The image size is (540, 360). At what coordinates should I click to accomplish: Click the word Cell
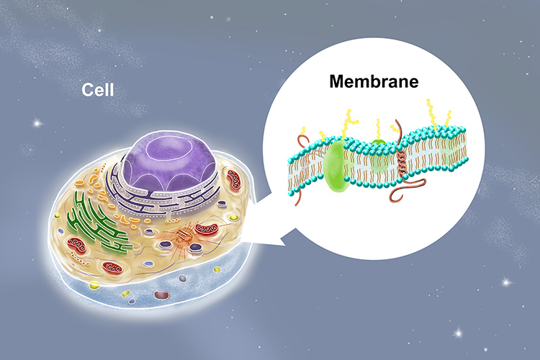coord(97,91)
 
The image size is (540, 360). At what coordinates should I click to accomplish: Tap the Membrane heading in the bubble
coord(374,81)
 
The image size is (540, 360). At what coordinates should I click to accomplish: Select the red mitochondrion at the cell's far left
coord(76,246)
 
